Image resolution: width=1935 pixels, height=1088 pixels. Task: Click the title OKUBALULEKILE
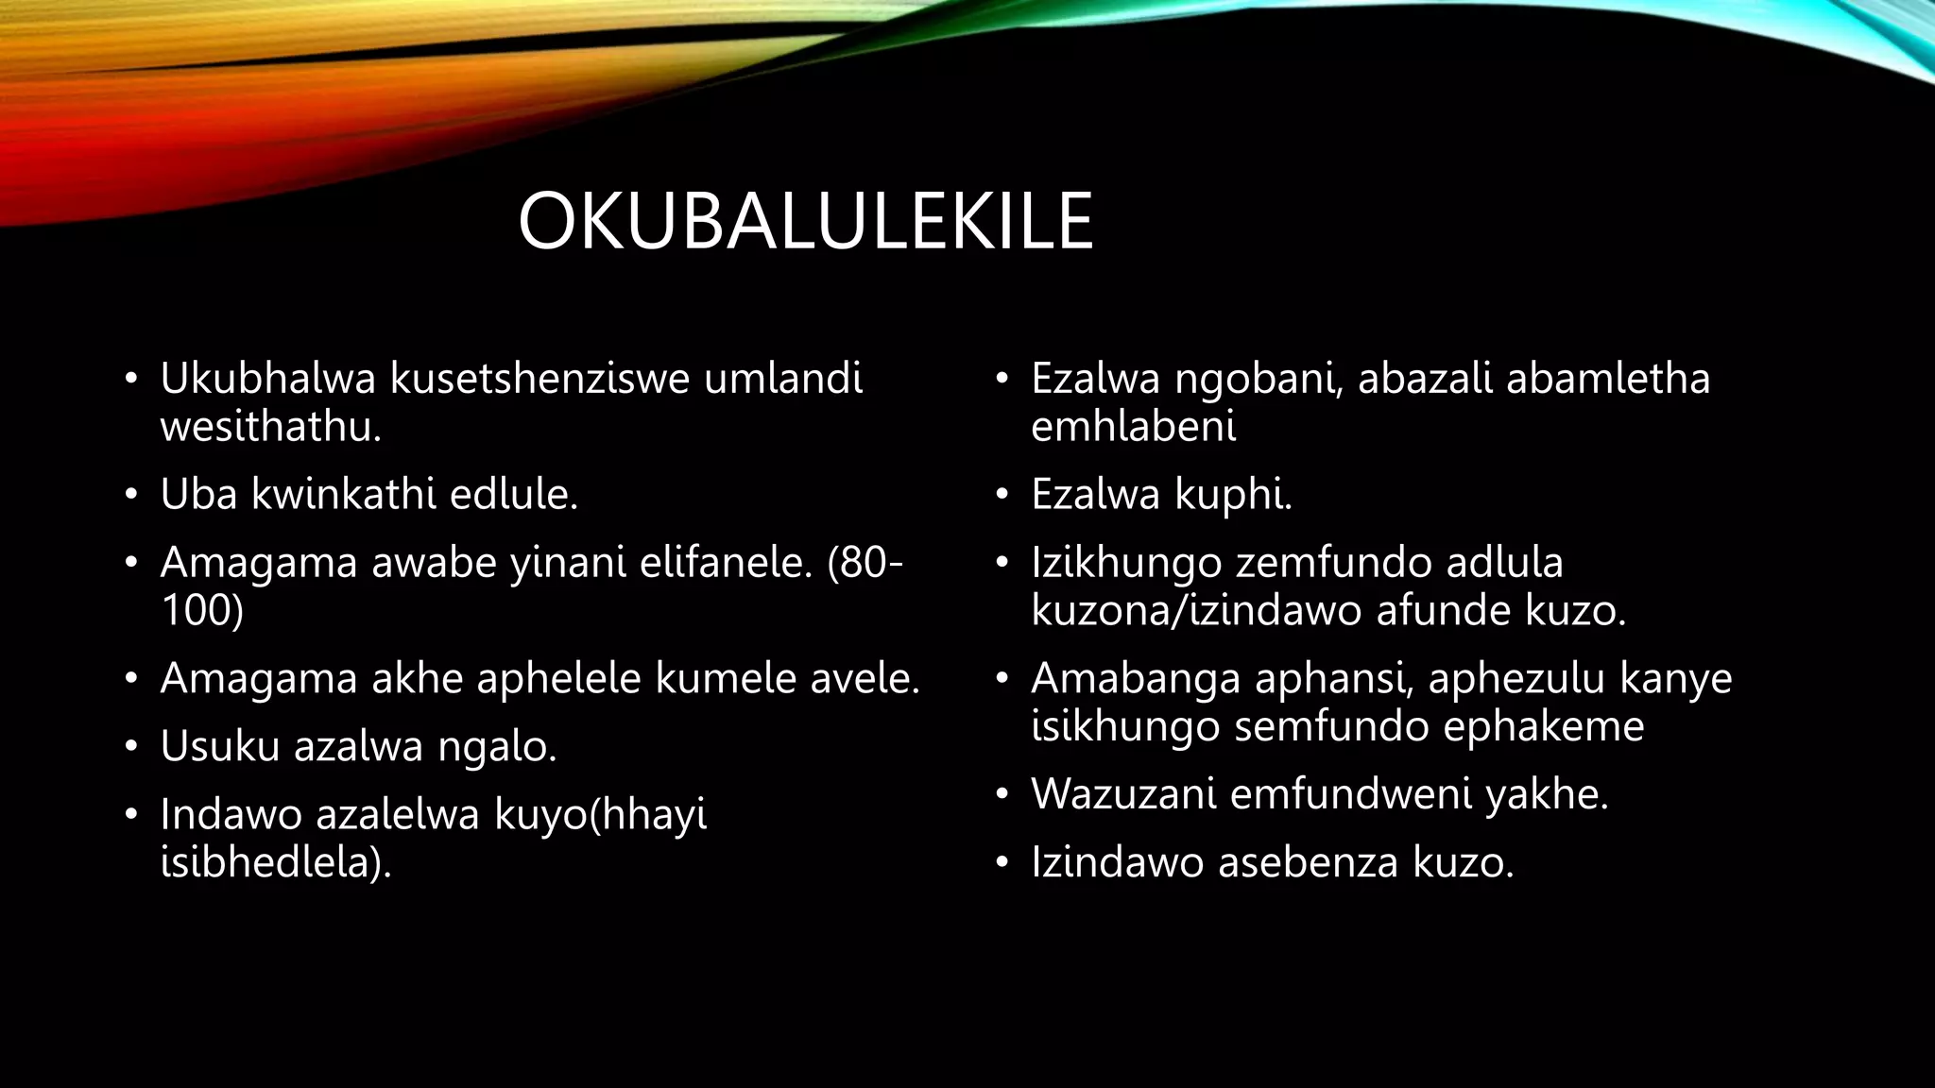(805, 222)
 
